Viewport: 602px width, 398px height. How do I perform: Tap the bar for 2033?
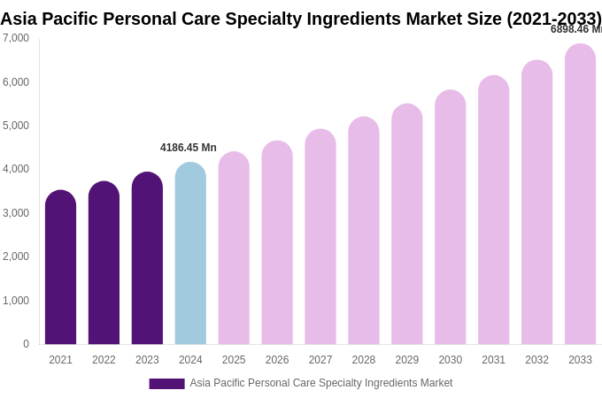(580, 194)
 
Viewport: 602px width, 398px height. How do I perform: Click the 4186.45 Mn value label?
(188, 148)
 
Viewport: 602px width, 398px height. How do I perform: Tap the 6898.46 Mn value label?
(575, 29)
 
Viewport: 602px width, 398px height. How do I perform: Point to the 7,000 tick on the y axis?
(16, 38)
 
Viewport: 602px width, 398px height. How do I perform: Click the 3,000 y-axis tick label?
(16, 213)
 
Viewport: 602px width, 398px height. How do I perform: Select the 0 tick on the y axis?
(26, 344)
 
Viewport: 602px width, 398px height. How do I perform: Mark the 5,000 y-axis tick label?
(16, 126)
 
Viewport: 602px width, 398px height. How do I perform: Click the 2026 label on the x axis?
(277, 360)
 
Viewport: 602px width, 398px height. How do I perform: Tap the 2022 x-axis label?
(104, 360)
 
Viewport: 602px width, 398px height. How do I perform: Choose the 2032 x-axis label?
(536, 360)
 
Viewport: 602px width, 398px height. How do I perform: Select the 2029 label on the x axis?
(406, 360)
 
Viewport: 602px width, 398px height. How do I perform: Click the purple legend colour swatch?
(166, 384)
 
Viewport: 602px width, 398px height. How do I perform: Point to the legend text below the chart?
(320, 383)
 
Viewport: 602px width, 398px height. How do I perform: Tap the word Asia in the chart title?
(19, 19)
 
